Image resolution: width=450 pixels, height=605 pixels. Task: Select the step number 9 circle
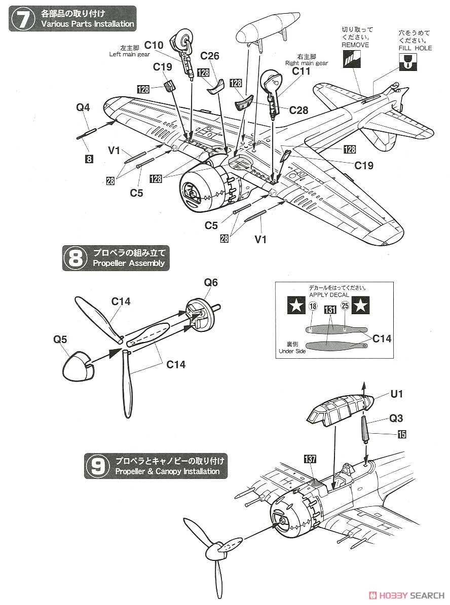pos(98,466)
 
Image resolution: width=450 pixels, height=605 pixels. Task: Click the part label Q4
pos(83,107)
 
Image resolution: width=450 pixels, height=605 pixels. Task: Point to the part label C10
pos(154,46)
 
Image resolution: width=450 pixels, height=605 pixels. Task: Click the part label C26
pos(210,56)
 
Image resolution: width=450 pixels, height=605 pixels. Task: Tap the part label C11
pos(301,71)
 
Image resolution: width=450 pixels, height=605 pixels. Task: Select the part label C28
pos(298,110)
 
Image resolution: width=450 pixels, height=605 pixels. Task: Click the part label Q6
pos(211,282)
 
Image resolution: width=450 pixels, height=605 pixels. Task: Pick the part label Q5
pos(60,339)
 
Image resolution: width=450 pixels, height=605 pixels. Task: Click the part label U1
pos(397,394)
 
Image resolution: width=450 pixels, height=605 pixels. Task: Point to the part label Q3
pos(396,418)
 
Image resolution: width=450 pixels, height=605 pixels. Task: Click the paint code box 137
pos(310,459)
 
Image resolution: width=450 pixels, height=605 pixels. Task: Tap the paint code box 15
pos(402,434)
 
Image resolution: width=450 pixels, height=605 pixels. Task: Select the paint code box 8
pos(89,159)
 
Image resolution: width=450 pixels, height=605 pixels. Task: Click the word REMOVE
pos(355,45)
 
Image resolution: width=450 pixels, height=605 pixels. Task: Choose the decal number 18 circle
pos(313,307)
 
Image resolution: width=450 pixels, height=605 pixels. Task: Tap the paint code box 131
pos(330,310)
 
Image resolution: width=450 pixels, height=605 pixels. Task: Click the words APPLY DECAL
pos(329,295)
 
